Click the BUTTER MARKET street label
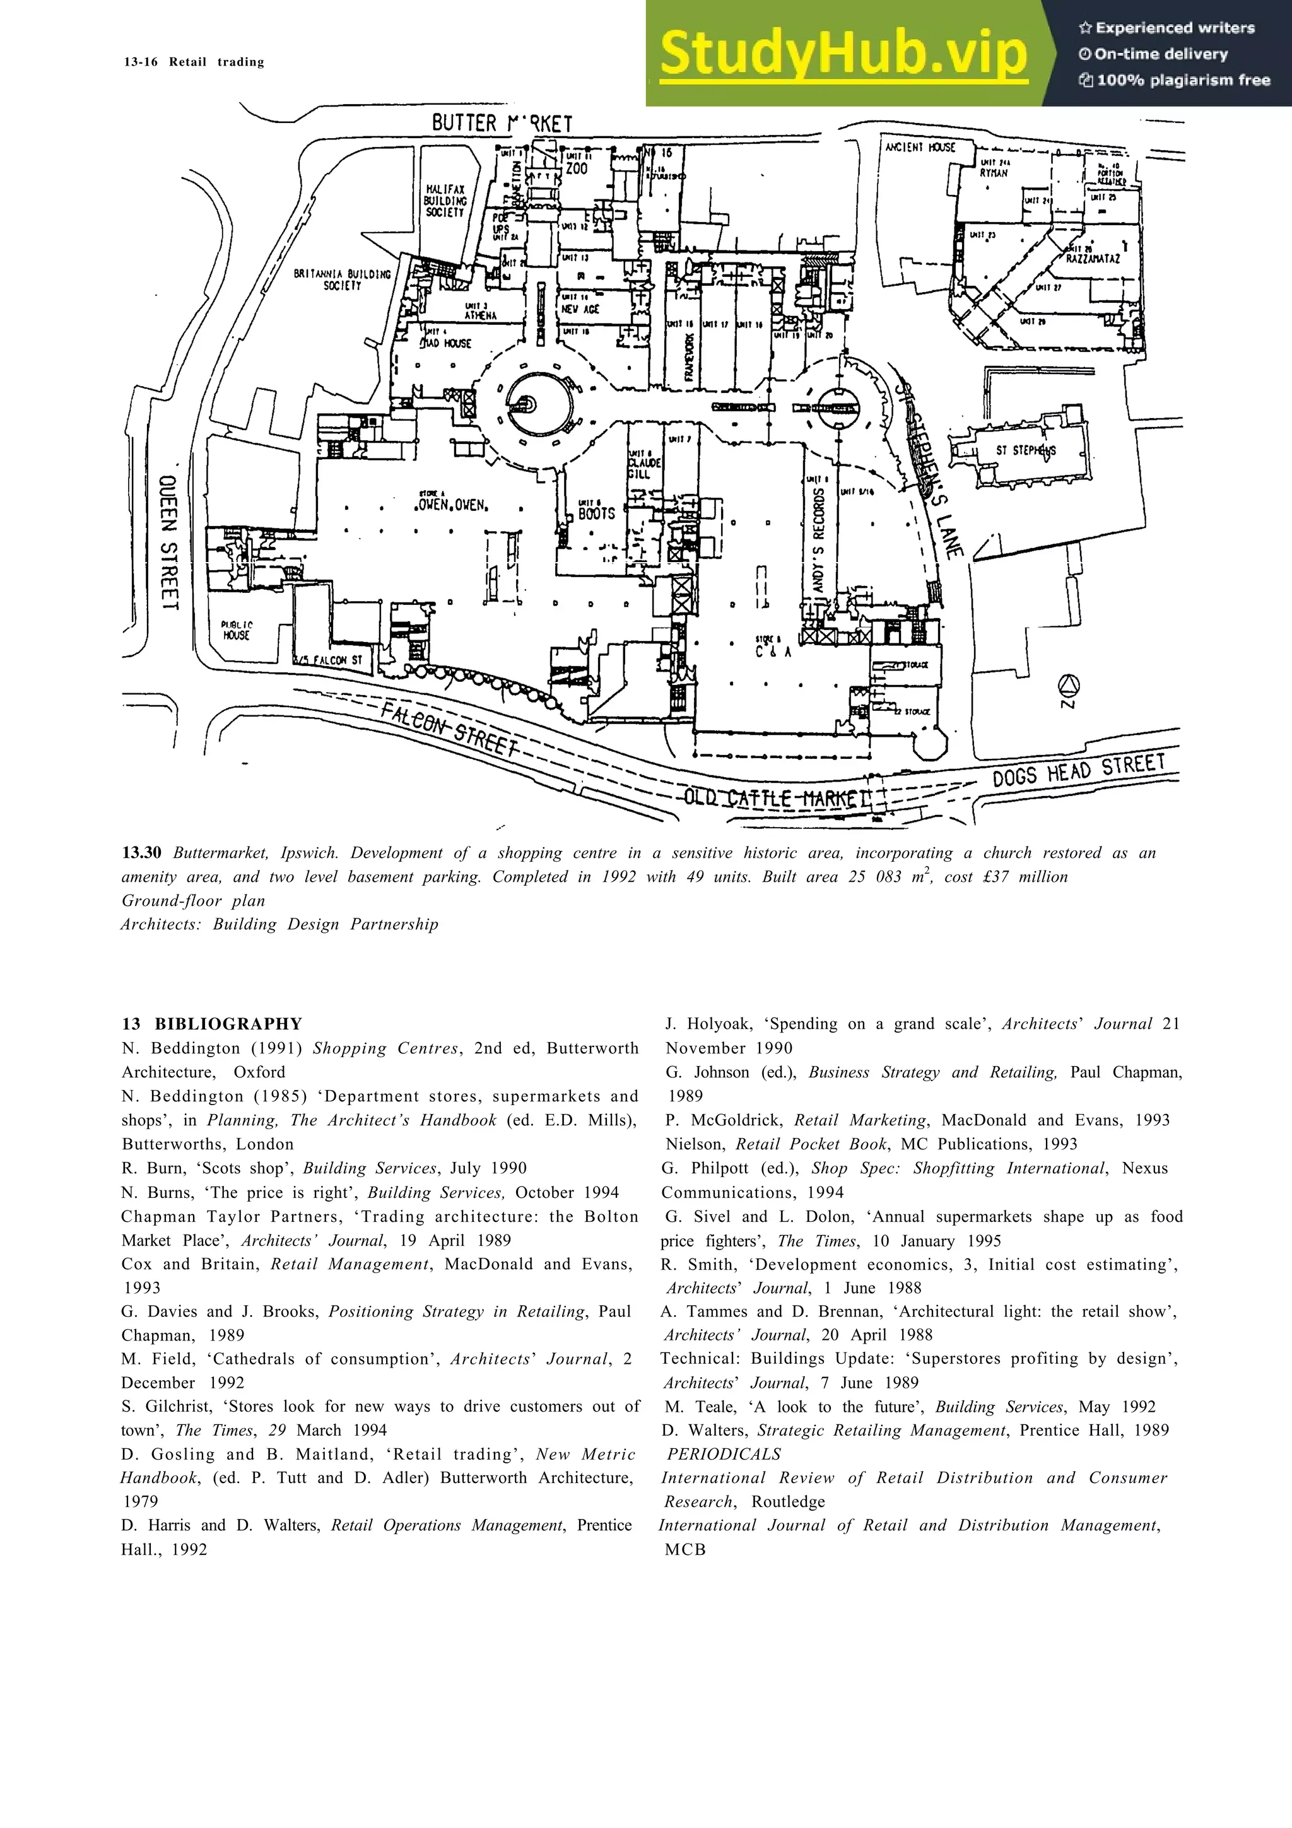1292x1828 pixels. (502, 124)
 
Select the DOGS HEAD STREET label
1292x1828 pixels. (1078, 770)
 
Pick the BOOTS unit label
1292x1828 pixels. (596, 513)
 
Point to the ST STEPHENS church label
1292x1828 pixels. (1025, 450)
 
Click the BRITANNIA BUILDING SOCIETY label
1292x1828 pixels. (343, 279)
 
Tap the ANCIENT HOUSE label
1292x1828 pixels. (919, 148)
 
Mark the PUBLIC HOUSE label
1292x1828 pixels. (237, 631)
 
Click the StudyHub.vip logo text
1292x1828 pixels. (844, 54)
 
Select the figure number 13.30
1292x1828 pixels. (142, 853)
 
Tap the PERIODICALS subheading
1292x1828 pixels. (724, 1454)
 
